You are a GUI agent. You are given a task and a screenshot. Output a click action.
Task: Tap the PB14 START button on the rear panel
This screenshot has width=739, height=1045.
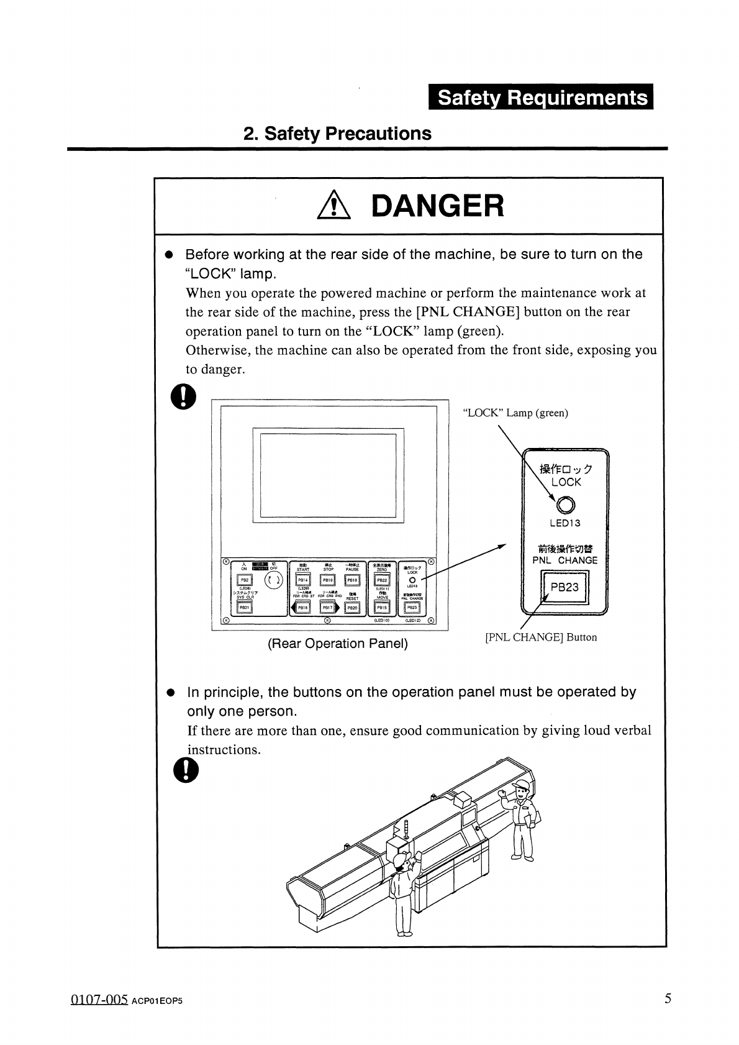[x=303, y=580]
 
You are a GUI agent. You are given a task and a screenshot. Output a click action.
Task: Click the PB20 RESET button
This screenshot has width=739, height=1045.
[x=352, y=608]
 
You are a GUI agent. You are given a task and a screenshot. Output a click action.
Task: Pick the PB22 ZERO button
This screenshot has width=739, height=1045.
[x=382, y=580]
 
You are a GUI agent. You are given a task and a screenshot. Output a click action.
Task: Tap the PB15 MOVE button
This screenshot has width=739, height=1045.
[x=382, y=608]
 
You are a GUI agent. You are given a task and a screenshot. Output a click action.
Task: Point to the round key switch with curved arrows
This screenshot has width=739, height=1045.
[x=274, y=580]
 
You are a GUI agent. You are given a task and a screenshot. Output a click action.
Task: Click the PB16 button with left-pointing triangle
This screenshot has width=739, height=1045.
[x=303, y=608]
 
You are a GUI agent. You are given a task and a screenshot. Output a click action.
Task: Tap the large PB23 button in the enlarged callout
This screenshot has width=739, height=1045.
[x=564, y=587]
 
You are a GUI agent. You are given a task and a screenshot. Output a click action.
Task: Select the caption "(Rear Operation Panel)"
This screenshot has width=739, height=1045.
[x=337, y=644]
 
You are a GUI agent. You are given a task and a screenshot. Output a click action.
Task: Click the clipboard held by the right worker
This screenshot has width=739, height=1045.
[x=532, y=819]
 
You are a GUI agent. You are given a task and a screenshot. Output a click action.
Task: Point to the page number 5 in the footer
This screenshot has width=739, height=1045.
[x=668, y=998]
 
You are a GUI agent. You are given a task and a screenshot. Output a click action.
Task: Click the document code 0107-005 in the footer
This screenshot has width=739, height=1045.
[x=99, y=1000]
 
